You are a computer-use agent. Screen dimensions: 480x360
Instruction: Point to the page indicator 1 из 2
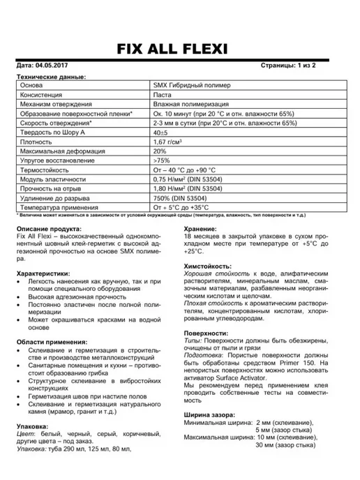303,66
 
